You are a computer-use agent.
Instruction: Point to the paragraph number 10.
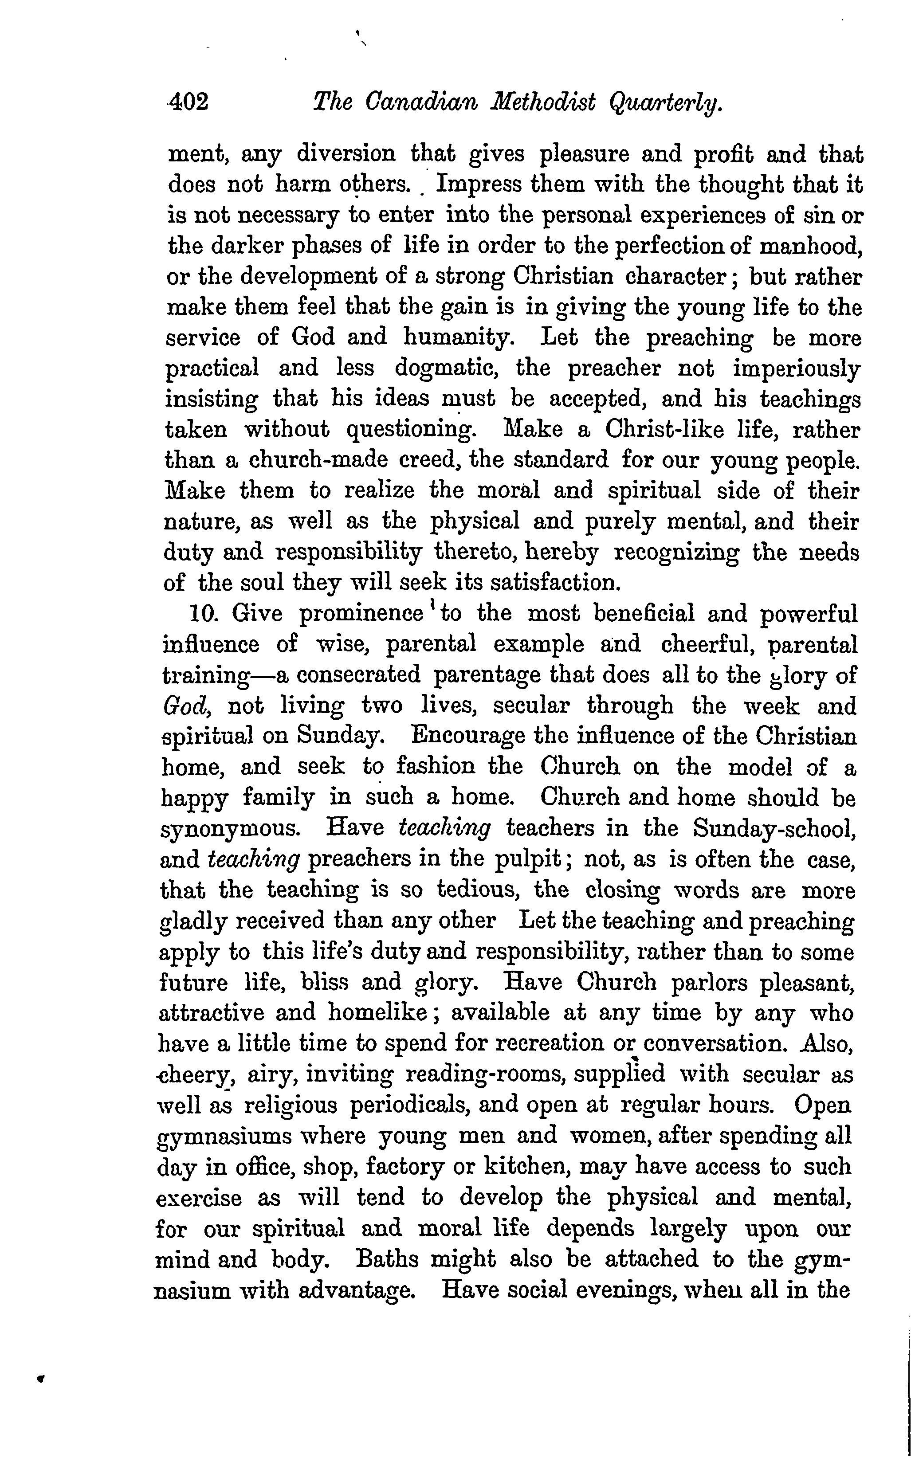coord(202,614)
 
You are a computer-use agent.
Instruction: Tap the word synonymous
coord(230,829)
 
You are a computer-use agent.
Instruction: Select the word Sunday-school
coord(774,829)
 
